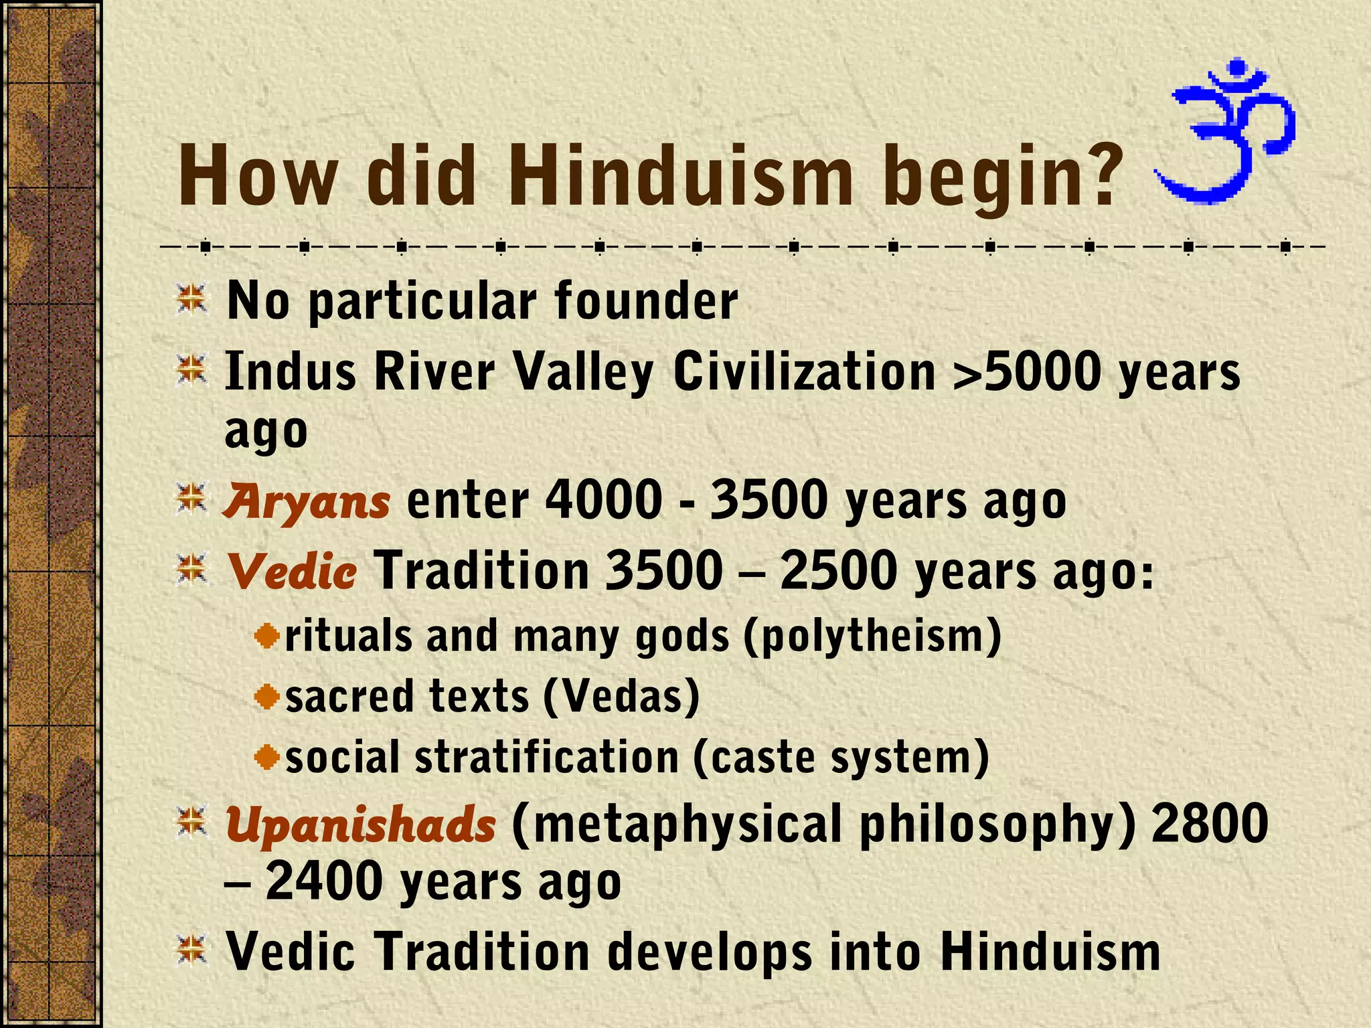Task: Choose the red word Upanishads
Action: (360, 824)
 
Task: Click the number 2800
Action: (1210, 824)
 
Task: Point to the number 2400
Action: (325, 882)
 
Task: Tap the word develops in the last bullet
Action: (710, 952)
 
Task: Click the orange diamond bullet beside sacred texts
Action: (267, 697)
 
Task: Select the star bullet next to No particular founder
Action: (191, 299)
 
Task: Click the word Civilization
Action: (804, 372)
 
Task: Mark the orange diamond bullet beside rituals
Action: (267, 636)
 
